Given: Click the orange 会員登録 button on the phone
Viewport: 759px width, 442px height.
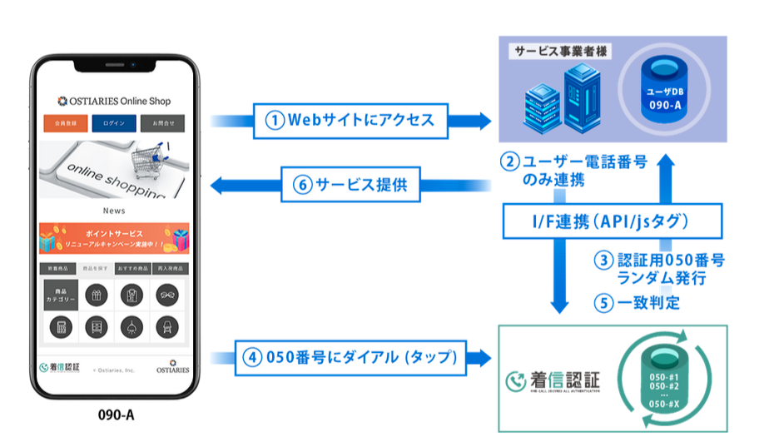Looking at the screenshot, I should (x=65, y=124).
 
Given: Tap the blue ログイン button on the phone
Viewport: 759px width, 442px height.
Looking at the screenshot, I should (x=114, y=124).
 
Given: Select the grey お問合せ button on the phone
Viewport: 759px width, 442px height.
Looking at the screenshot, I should (x=163, y=124).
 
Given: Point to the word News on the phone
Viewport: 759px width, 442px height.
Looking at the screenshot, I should (x=114, y=211).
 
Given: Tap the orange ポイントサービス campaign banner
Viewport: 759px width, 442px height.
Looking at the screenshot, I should (x=114, y=238).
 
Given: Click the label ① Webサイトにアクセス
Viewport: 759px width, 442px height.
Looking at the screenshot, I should (x=350, y=120).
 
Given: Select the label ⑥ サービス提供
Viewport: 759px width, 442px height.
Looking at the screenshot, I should (x=350, y=186).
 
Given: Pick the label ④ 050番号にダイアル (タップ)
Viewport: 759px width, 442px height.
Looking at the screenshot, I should (x=350, y=358).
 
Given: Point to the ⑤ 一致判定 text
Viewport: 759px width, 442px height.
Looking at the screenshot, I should (x=637, y=302).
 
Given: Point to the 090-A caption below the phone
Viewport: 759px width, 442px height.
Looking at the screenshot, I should (x=115, y=414).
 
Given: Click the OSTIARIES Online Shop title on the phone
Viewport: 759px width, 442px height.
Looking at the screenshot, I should (x=114, y=101).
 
